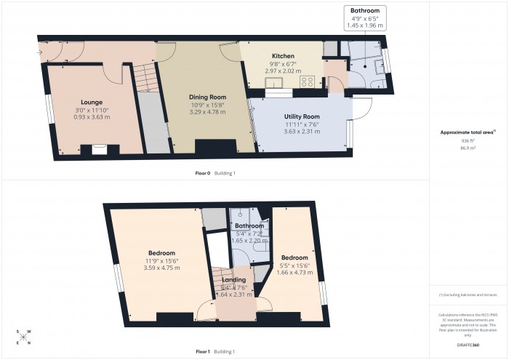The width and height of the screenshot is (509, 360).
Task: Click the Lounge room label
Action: coord(92,103)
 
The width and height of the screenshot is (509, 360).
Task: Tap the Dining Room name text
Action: coord(208,97)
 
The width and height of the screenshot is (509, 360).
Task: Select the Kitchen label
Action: coord(282,56)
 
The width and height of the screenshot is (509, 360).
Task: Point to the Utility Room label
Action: coord(302,116)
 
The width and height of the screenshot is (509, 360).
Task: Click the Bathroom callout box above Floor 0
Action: coord(366,17)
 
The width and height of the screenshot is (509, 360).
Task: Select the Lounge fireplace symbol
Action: coord(95,150)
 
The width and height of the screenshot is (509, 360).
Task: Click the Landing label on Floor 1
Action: coord(234,279)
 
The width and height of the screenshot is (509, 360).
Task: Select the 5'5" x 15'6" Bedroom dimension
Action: coord(294,266)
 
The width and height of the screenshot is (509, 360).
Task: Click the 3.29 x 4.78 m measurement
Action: coord(208,112)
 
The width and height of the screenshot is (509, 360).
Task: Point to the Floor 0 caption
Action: coord(203,173)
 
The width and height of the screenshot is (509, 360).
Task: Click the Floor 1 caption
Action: coord(203,352)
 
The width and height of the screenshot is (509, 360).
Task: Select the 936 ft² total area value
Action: coord(468,140)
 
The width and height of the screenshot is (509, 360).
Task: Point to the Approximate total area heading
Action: coord(467,132)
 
